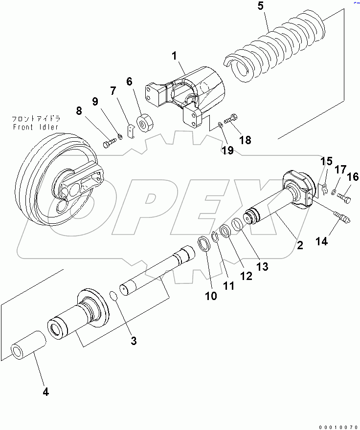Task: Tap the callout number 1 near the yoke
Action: coord(174,57)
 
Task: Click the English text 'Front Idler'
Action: coord(36,127)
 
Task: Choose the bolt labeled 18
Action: coord(231,118)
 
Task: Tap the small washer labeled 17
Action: coord(333,193)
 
